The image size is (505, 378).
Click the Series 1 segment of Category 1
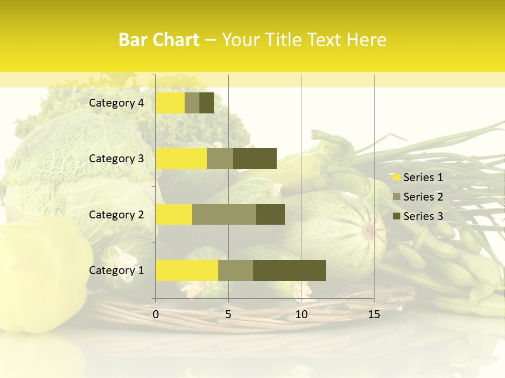(187, 270)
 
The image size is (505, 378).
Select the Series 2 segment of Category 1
(236, 270)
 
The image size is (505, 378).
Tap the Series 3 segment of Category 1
(289, 270)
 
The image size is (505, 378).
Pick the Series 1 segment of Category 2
(174, 214)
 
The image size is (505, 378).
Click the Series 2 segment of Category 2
(224, 214)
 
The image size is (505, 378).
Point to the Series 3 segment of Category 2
(270, 214)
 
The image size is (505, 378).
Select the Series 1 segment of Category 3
(181, 159)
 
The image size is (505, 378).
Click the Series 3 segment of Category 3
(255, 159)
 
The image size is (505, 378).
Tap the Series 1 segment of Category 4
(170, 103)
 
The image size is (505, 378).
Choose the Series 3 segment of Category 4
(207, 103)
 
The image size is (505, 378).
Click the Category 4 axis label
(116, 103)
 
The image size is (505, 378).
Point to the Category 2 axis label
(116, 214)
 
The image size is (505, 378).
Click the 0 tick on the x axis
(156, 314)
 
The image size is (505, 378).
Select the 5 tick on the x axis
(228, 314)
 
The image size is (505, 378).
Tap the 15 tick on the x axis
(374, 314)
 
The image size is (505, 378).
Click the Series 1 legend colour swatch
(396, 177)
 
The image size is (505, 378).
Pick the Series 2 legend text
(423, 197)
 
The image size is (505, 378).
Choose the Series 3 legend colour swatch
(396, 216)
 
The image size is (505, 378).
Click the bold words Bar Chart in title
(159, 40)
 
